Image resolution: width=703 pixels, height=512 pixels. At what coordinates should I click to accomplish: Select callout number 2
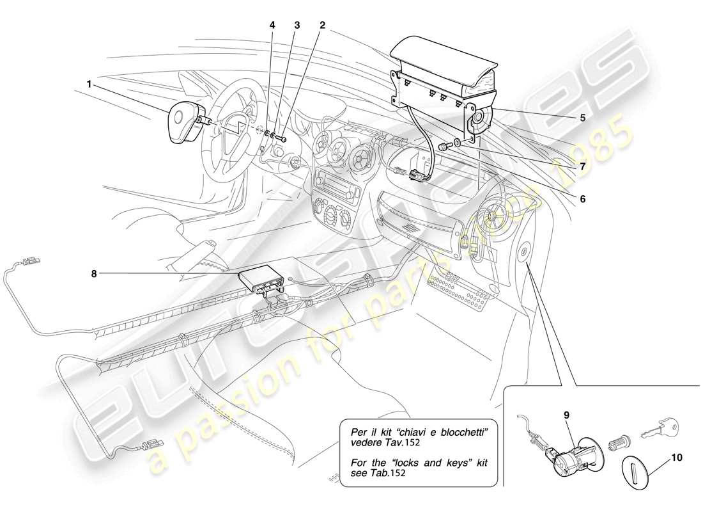(x=322, y=25)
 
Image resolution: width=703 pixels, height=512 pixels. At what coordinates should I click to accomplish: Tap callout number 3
(x=297, y=25)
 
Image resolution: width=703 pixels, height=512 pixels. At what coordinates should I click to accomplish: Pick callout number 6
(x=582, y=198)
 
